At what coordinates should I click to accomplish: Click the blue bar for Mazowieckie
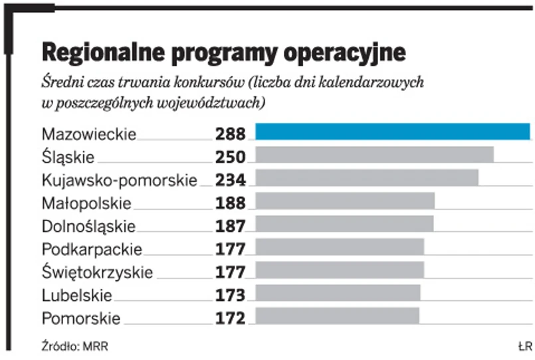392,132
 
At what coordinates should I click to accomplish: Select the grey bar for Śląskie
374,155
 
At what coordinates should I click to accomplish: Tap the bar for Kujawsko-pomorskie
367,177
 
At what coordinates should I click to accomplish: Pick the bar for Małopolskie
345,201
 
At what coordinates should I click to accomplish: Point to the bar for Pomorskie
337,315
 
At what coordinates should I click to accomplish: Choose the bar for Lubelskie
338,293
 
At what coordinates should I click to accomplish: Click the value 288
231,134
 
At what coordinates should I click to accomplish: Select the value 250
231,157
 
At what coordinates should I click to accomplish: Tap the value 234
231,180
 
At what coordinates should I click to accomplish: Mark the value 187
231,226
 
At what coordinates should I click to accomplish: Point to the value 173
231,295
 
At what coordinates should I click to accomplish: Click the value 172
231,318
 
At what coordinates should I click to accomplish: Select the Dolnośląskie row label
88,226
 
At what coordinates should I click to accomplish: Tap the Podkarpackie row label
92,250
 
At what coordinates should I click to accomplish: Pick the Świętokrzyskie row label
97,272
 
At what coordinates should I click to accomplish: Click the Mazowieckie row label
88,135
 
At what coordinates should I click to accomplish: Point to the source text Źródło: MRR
74,346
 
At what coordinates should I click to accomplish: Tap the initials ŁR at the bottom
525,346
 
